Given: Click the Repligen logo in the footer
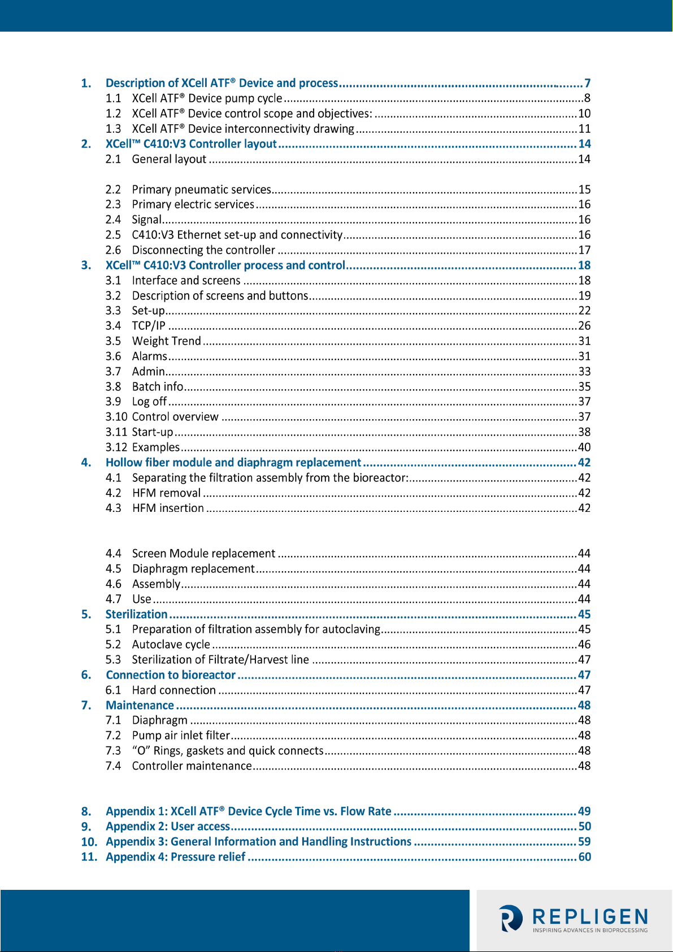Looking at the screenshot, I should (x=573, y=918).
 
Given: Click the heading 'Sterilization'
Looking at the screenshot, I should (x=136, y=614).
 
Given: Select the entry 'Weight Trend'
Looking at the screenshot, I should (x=166, y=341).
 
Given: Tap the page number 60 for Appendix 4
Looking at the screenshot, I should (x=584, y=857).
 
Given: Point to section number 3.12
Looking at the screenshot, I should (x=116, y=447).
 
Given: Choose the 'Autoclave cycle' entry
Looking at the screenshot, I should (x=171, y=645).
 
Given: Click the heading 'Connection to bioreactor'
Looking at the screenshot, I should (x=170, y=675).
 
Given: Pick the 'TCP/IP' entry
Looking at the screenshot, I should (x=149, y=326).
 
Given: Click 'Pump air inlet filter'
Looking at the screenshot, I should (x=181, y=736).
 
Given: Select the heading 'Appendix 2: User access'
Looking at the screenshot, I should (x=168, y=827).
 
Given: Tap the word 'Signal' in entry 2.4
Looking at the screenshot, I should (x=147, y=220).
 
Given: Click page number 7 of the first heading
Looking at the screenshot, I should (x=587, y=83).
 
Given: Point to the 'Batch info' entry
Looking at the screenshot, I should (x=158, y=387).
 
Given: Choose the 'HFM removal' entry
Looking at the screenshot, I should (x=166, y=493).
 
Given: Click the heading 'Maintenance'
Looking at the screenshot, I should (x=140, y=705).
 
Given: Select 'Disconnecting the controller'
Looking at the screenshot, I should (x=203, y=250).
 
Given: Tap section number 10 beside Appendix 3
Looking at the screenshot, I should (x=89, y=842).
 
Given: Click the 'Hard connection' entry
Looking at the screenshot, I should (x=173, y=690).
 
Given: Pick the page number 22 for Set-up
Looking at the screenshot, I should (x=584, y=311).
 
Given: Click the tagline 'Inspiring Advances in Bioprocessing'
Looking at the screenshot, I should (x=590, y=930).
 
